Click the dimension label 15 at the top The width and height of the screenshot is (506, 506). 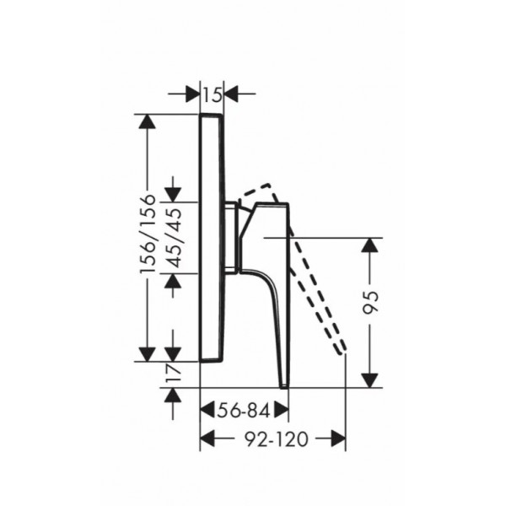[x=213, y=94]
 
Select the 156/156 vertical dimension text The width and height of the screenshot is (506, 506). [x=148, y=234]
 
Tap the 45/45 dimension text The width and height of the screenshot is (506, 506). [x=176, y=238]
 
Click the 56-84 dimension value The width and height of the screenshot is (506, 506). [x=244, y=412]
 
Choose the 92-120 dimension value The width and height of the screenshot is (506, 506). [x=277, y=439]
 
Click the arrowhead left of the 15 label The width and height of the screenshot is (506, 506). [x=192, y=94]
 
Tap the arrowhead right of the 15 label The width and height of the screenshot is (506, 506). [x=231, y=94]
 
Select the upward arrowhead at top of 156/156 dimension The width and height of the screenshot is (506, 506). [x=147, y=121]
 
